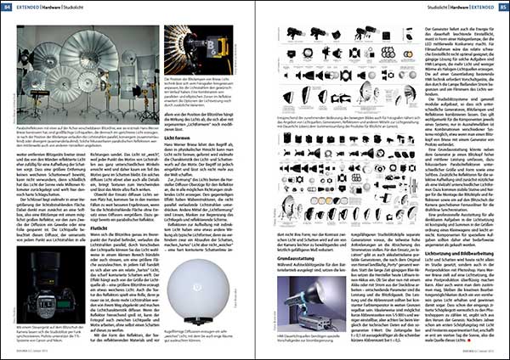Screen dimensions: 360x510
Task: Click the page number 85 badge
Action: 500,6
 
